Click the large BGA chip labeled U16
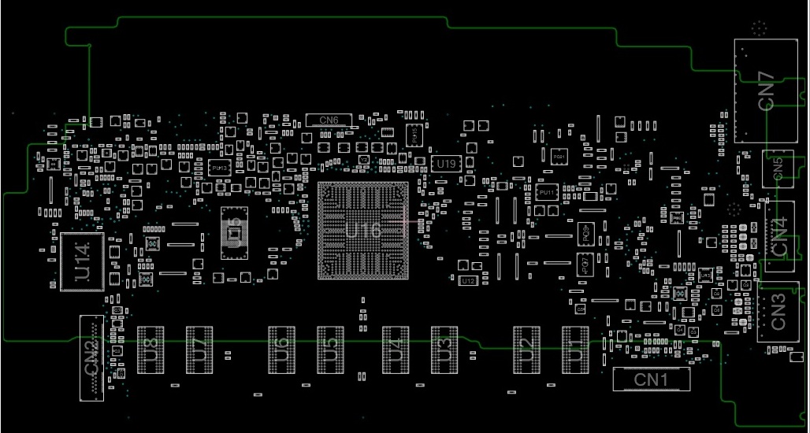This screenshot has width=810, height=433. [x=362, y=231]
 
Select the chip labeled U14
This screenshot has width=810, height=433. [x=82, y=261]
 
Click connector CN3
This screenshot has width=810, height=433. [x=778, y=312]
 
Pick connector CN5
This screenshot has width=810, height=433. [x=778, y=168]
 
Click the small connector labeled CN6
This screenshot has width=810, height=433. [x=329, y=120]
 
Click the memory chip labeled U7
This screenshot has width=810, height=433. [x=199, y=349]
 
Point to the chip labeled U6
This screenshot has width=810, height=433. [x=281, y=349]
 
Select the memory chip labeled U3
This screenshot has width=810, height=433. [x=444, y=349]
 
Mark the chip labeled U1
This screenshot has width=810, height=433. [x=575, y=349]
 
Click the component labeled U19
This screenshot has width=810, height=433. [x=446, y=164]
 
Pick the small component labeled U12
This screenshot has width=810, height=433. [x=467, y=280]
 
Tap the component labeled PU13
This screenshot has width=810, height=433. [x=220, y=168]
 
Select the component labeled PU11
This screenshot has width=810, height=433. [x=546, y=191]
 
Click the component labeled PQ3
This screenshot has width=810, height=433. [x=585, y=233]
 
